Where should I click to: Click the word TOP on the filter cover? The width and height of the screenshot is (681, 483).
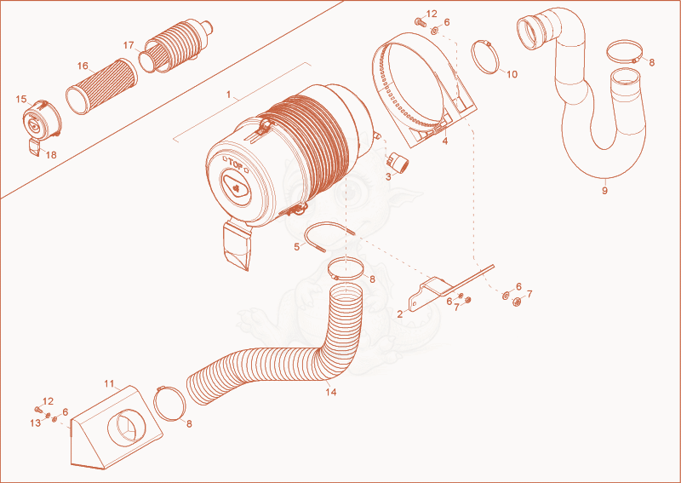(x=235, y=165)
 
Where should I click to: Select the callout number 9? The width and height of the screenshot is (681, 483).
(x=604, y=191)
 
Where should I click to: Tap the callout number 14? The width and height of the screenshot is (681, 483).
(x=331, y=392)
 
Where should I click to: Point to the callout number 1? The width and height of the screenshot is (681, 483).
(x=229, y=95)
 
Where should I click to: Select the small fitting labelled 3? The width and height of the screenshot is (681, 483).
(x=398, y=162)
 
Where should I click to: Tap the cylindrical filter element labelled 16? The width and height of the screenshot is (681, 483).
(x=101, y=86)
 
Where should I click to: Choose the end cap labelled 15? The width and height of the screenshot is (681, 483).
(x=42, y=118)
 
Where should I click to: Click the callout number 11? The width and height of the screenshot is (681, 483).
(x=109, y=383)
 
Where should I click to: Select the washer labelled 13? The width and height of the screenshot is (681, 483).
(x=49, y=416)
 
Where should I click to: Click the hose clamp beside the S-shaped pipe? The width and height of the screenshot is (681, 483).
(x=626, y=51)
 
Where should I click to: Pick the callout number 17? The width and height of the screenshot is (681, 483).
(x=129, y=45)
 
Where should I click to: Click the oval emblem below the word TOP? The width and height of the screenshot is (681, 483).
(x=236, y=187)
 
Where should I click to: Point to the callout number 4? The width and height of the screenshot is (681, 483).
(x=445, y=141)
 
